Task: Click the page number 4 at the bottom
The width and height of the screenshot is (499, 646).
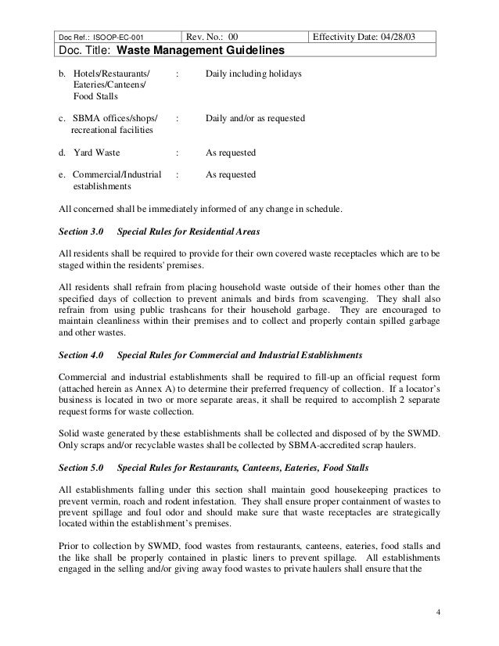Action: click(x=439, y=611)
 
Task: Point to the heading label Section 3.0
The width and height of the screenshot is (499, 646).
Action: click(x=81, y=233)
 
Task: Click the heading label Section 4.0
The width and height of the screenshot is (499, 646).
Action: click(x=81, y=354)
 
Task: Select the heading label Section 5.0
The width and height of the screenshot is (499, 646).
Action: click(x=81, y=467)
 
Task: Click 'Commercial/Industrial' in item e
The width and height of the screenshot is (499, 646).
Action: click(x=117, y=174)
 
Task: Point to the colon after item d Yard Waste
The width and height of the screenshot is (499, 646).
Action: click(x=179, y=152)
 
